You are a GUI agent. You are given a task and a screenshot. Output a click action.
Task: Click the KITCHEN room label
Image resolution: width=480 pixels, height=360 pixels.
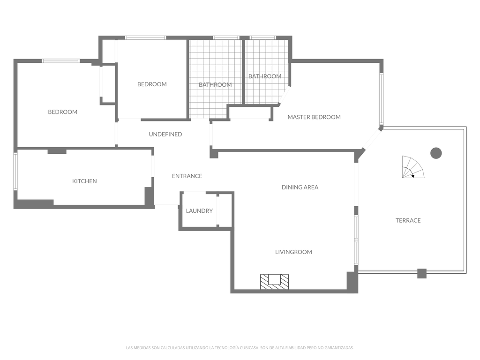pyautogui.click(x=84, y=181)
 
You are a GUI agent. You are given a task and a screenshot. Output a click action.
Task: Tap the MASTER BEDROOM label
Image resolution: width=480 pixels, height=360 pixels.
pyautogui.click(x=314, y=117)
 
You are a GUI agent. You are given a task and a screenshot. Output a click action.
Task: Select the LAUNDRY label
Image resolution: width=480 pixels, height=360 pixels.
pyautogui.click(x=199, y=210)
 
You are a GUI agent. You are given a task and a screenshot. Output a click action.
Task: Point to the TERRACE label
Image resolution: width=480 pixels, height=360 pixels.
pyautogui.click(x=408, y=220)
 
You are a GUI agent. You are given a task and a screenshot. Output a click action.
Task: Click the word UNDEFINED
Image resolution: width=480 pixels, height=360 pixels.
pyautogui.click(x=165, y=134)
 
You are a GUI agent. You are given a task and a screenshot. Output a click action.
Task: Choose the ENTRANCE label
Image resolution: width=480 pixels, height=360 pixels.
pyautogui.click(x=187, y=176)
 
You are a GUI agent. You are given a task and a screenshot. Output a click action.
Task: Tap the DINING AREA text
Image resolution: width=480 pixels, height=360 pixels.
pyautogui.click(x=300, y=187)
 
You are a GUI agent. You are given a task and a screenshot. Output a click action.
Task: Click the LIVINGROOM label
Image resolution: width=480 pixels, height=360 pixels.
pyautogui.click(x=293, y=252)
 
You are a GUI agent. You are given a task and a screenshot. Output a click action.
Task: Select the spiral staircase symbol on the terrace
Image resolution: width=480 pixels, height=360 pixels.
pyautogui.click(x=413, y=167)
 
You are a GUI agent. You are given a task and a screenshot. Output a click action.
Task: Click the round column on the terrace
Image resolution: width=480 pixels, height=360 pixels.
pyautogui.click(x=436, y=153)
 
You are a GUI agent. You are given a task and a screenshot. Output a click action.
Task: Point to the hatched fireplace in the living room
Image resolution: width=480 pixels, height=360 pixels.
pyautogui.click(x=274, y=282)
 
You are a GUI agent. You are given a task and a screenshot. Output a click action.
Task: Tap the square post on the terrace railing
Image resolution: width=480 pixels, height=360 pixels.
pyautogui.click(x=422, y=273)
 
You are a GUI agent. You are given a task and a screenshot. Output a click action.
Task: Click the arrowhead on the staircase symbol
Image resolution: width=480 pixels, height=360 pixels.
pyautogui.click(x=412, y=176)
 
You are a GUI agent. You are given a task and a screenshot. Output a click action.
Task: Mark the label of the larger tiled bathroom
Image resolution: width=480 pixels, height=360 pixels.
pyautogui.click(x=215, y=85)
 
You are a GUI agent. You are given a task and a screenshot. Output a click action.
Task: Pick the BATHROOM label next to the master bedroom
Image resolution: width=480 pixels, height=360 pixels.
pyautogui.click(x=265, y=76)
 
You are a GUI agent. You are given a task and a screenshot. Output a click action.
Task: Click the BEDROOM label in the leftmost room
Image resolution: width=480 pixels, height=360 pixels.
pyautogui.click(x=63, y=112)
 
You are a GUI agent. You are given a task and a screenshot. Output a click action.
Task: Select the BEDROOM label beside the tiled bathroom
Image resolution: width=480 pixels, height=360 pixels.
pyautogui.click(x=152, y=84)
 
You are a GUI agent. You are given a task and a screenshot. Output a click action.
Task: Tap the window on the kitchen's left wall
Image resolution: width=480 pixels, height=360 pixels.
pyautogui.click(x=15, y=172)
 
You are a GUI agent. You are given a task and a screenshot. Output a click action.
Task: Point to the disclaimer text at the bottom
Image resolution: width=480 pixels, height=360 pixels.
pyautogui.click(x=240, y=348)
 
